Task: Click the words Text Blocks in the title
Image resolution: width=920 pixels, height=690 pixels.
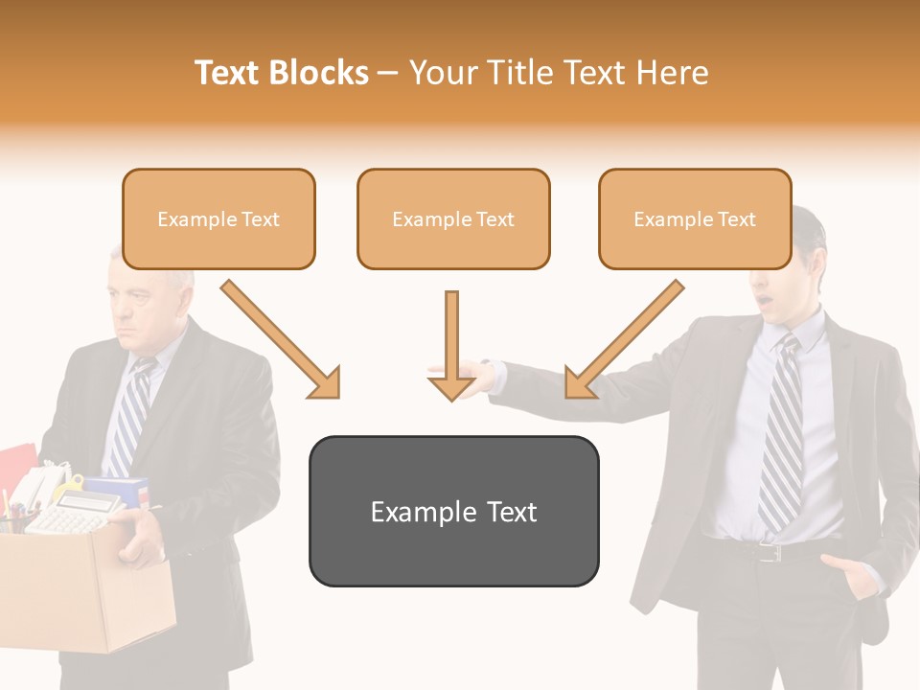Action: click(282, 73)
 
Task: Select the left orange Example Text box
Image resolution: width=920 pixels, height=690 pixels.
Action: click(218, 219)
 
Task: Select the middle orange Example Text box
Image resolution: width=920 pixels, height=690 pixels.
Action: click(453, 219)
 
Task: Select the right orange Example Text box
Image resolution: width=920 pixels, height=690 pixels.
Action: click(695, 219)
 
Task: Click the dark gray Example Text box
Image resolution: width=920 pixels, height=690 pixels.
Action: click(453, 512)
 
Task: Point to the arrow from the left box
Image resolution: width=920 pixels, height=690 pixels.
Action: click(283, 340)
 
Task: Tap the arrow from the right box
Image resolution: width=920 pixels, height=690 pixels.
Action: click(623, 340)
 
